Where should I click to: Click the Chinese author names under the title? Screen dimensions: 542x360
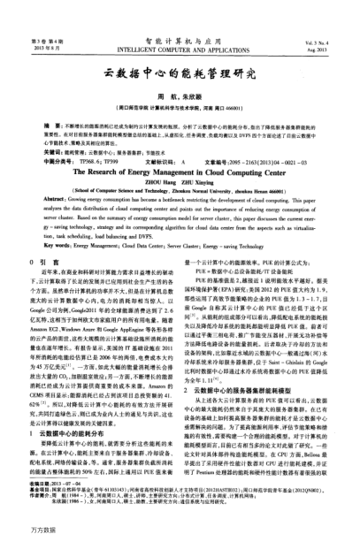tap(180, 95)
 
